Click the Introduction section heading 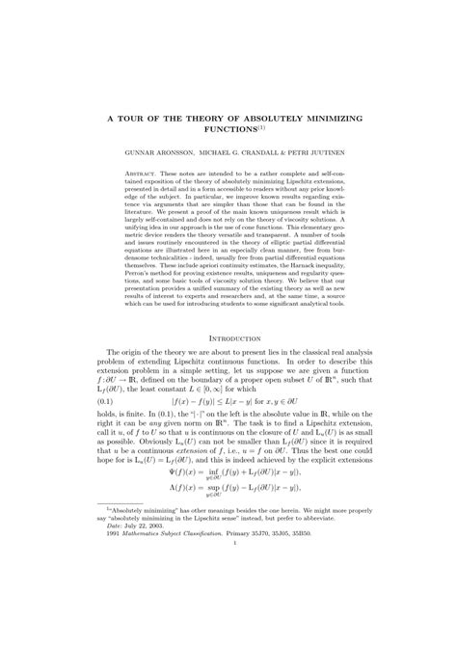tap(228, 338)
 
